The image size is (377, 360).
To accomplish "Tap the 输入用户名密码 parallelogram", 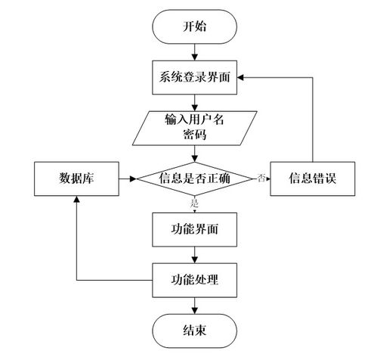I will pos(195,126).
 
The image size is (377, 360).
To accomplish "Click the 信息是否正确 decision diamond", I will pos(195,178).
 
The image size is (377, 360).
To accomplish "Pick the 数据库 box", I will pos(75,178).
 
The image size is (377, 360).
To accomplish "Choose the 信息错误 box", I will pos(312,178).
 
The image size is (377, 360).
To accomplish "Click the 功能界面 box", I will pos(195,227).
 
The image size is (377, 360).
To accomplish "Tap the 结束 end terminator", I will pos(195,331).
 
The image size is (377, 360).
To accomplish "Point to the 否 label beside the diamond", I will pos(261,178).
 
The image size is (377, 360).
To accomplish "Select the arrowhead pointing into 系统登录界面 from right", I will pos(245,76).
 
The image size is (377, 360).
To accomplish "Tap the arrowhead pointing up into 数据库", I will pos(75,198).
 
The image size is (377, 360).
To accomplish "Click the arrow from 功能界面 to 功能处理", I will pos(195,253).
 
